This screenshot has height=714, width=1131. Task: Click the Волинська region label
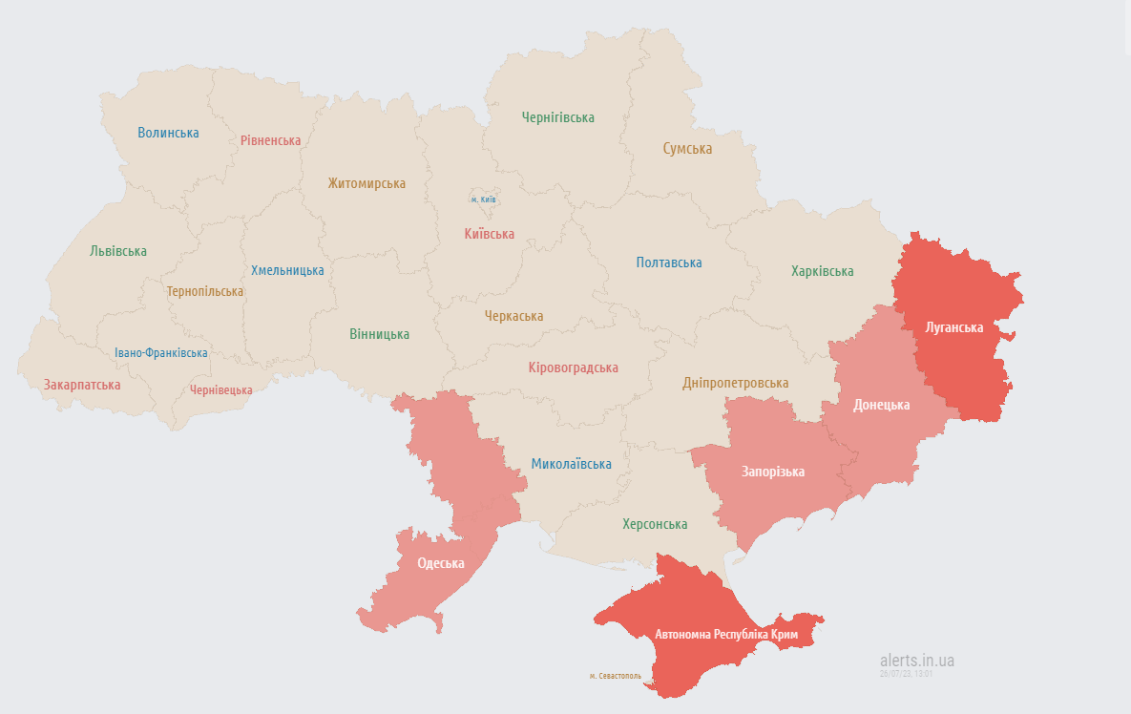click(168, 133)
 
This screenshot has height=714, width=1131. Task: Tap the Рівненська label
click(270, 140)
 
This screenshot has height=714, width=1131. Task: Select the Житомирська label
click(367, 183)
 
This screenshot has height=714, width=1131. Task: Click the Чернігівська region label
click(557, 117)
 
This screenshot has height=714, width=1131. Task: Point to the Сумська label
click(687, 149)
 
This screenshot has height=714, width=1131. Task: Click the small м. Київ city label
click(483, 199)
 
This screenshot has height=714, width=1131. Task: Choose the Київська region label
click(489, 234)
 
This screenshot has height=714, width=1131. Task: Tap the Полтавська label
click(669, 262)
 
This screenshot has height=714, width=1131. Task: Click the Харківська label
click(822, 271)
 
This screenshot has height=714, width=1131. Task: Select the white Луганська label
click(954, 327)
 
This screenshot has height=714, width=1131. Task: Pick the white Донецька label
click(881, 405)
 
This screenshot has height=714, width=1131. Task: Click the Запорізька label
click(772, 472)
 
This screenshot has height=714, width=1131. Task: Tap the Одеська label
click(441, 563)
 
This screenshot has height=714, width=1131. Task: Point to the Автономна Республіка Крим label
click(726, 634)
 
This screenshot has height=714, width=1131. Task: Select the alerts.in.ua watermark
click(916, 660)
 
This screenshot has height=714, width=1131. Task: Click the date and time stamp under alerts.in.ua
click(906, 674)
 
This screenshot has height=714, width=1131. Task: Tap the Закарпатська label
click(82, 385)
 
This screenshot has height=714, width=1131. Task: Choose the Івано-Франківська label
click(161, 353)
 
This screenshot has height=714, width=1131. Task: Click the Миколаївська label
click(571, 464)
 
